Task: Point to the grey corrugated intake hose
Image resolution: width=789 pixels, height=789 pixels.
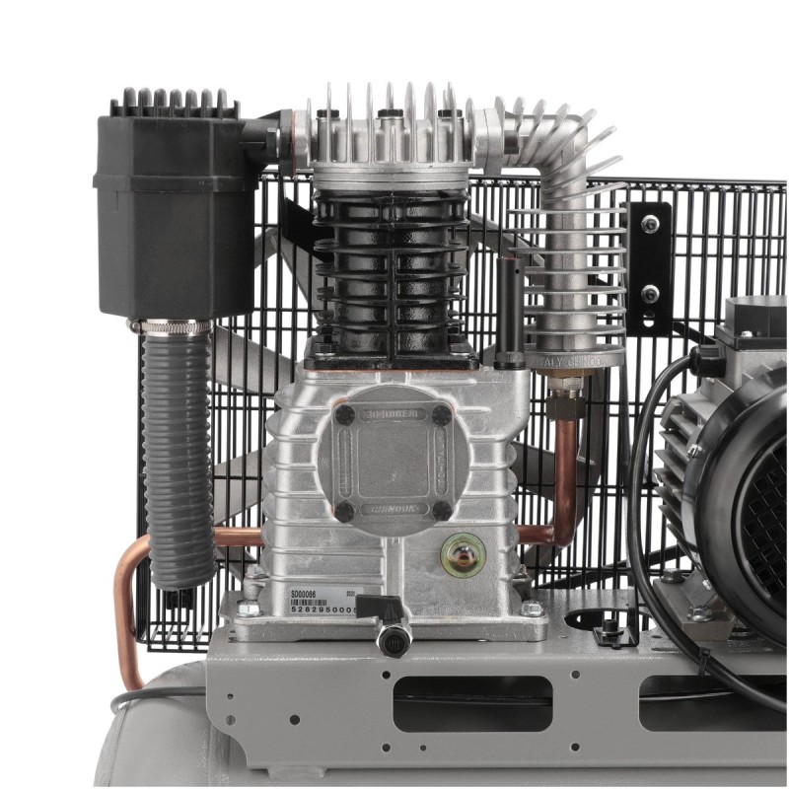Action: [179, 454]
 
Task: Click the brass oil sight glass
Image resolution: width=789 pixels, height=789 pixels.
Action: [463, 553]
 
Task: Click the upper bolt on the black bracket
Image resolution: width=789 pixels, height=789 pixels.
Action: [650, 225]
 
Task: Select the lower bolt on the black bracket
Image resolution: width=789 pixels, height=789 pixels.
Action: [650, 293]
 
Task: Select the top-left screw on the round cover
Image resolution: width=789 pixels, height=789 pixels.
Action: [344, 415]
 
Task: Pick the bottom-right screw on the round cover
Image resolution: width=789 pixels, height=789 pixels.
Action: [442, 510]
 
